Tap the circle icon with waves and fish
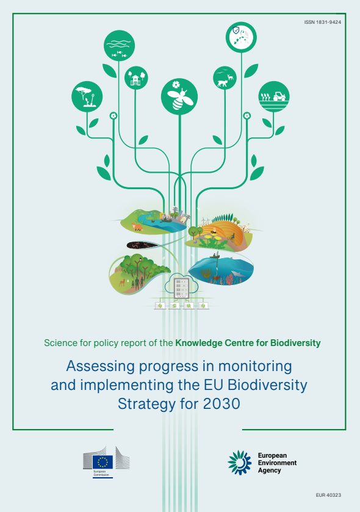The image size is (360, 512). tap(119, 46)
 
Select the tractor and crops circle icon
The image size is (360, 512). tap(273, 96)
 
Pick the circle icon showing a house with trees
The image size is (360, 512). tap(136, 78)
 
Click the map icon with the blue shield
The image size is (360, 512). tap(240, 36)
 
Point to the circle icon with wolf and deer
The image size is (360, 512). tap(225, 78)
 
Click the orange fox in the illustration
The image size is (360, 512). tap(137, 228)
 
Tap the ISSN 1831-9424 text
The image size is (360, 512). tap(323, 22)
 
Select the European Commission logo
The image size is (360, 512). tap(107, 461)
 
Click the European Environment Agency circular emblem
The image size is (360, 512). tap(240, 463)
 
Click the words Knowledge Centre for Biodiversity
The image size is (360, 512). tap(248, 343)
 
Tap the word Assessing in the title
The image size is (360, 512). tap(96, 367)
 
